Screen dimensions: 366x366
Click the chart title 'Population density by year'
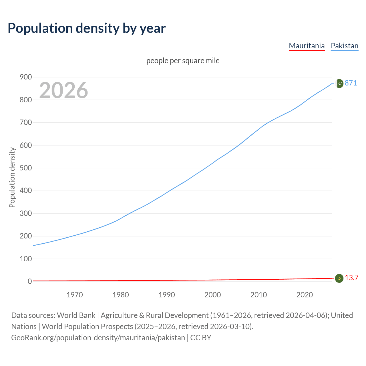point(87,28)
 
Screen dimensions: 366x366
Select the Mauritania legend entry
point(307,46)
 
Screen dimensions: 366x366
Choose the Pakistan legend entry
point(344,46)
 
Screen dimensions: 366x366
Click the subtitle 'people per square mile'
point(183,61)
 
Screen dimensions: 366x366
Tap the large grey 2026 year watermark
point(63,90)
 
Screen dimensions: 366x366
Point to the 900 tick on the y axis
point(25,77)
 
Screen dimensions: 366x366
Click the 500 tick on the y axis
point(25,168)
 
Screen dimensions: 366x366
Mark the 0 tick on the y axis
point(29,281)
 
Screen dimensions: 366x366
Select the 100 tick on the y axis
point(25,259)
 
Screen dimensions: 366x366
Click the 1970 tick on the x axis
point(75,295)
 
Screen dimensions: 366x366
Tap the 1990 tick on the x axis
point(167,295)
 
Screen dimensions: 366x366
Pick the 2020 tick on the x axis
point(305,295)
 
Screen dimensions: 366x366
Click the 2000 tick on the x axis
point(212,295)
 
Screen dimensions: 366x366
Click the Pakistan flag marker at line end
point(339,83)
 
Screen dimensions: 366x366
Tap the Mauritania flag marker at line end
point(339,278)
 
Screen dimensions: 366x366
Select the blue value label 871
point(351,83)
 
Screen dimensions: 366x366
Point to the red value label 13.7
point(351,278)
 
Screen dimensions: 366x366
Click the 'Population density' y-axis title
point(12,177)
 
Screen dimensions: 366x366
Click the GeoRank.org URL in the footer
point(98,338)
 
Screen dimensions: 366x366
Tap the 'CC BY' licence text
point(201,338)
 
